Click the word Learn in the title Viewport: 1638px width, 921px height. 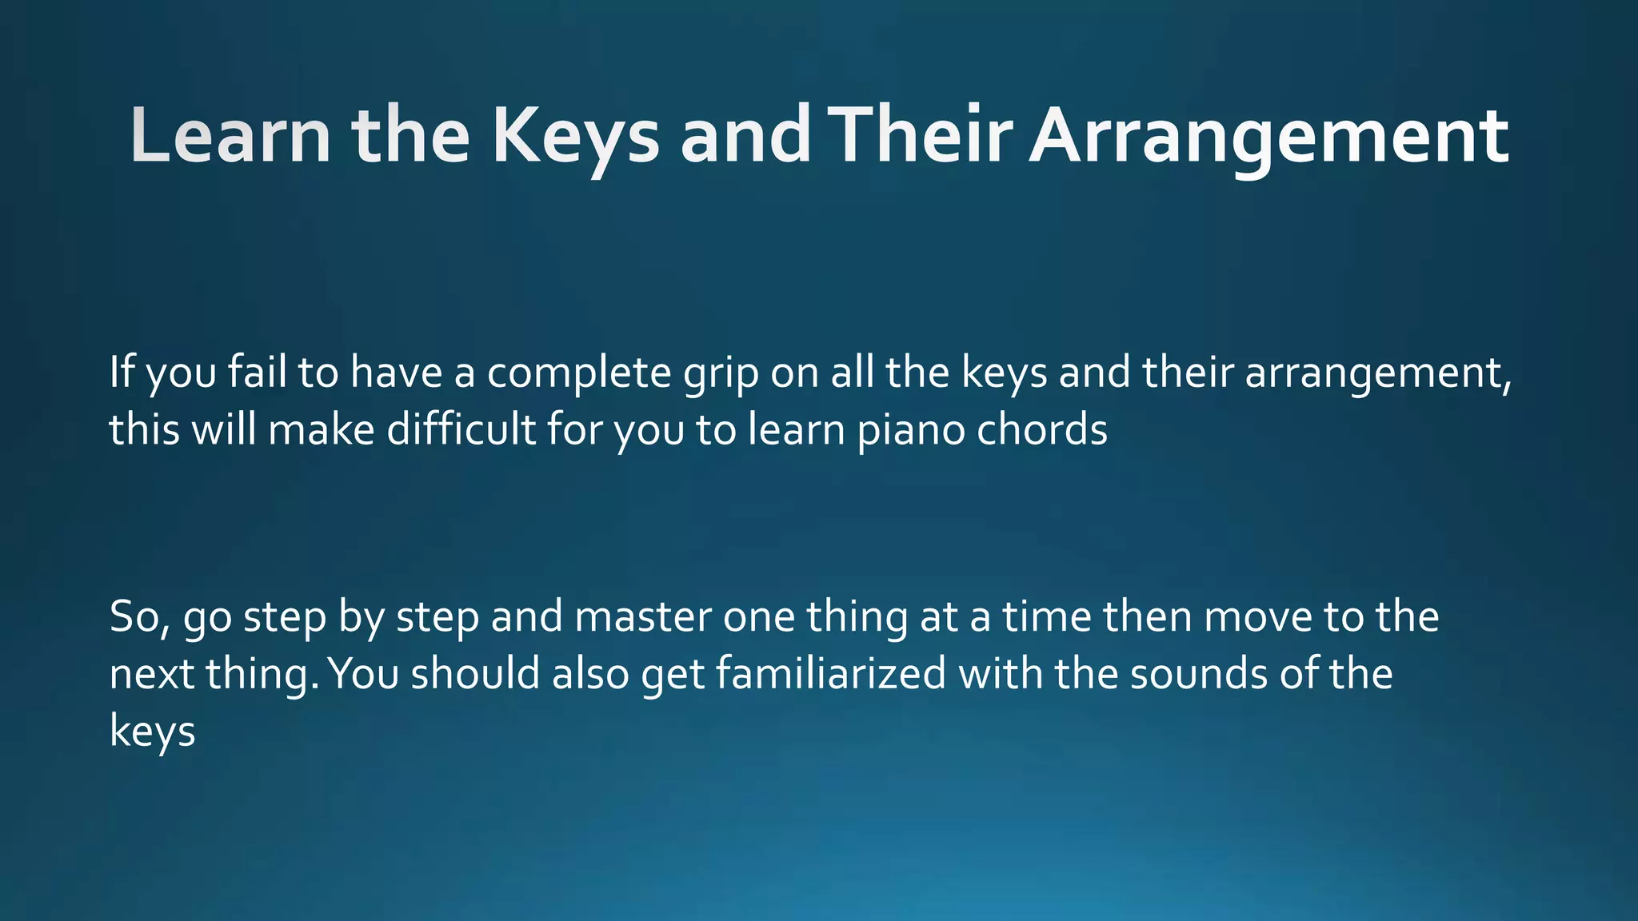[x=230, y=136]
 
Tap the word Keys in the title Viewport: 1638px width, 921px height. [x=575, y=136]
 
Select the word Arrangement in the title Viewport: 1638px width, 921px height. [x=1269, y=136]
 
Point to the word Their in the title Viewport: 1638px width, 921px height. [x=920, y=136]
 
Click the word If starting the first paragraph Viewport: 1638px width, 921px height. [x=122, y=373]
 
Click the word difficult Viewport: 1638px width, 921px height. [x=461, y=430]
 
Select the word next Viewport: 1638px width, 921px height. [x=152, y=674]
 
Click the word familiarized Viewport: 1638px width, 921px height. [x=831, y=674]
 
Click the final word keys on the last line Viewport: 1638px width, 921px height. [x=152, y=732]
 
